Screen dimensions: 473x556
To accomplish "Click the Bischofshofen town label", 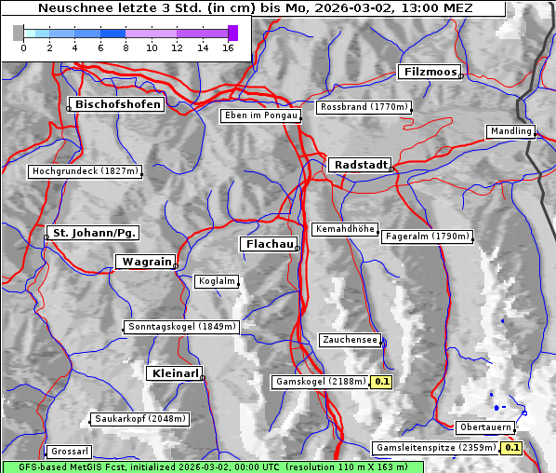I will click(119, 104).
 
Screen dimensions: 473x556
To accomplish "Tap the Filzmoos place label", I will click(429, 72).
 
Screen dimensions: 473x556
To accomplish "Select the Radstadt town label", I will click(359, 165).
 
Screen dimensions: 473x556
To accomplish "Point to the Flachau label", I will click(269, 244).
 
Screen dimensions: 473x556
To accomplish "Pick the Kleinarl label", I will click(174, 373).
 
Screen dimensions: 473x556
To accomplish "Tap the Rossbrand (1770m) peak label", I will click(364, 107).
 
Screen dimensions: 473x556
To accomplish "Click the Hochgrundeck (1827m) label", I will click(85, 171).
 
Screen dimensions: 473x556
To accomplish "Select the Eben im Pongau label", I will click(260, 115).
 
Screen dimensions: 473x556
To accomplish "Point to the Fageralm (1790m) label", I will click(427, 236).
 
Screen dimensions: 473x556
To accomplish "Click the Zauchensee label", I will click(350, 340).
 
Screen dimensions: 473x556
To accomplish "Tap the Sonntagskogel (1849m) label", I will click(182, 327).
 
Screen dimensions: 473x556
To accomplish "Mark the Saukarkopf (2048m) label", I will click(140, 419).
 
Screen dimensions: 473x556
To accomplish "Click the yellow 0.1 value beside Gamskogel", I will click(382, 382).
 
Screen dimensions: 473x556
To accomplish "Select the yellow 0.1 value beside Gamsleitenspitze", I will click(512, 448).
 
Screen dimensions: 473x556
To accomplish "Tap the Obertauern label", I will click(485, 427).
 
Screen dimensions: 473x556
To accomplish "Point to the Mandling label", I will click(510, 131).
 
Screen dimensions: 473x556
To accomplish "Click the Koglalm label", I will click(217, 281).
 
